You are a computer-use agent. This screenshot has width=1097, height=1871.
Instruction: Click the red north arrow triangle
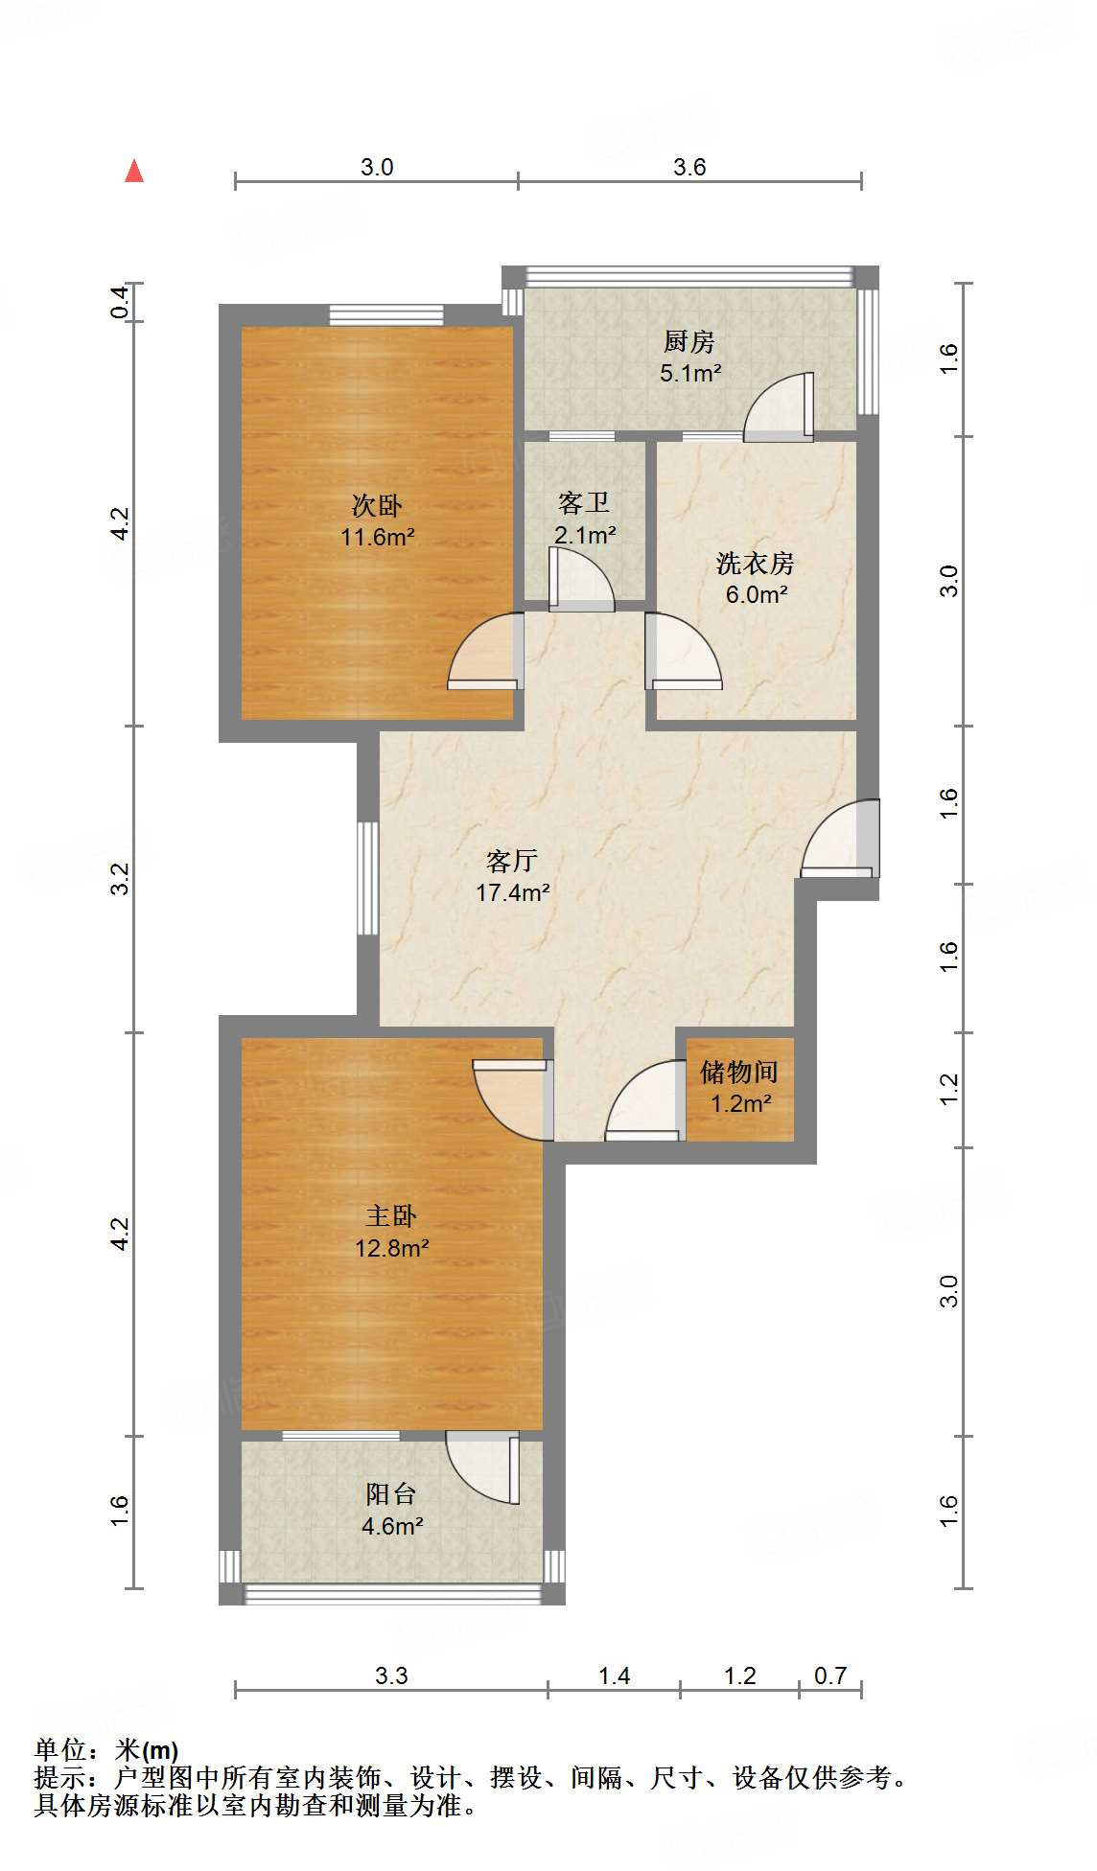(x=134, y=172)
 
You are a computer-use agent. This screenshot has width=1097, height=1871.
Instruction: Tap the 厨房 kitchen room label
(x=689, y=341)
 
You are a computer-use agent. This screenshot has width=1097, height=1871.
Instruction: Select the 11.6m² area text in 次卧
(x=377, y=538)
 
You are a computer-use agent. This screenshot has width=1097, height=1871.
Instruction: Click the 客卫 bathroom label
(x=583, y=503)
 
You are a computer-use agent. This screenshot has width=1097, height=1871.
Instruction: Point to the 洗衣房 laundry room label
(x=755, y=563)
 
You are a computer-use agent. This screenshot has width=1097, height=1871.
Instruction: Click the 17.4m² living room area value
(x=512, y=893)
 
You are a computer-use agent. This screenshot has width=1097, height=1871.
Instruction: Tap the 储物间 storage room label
(x=738, y=1072)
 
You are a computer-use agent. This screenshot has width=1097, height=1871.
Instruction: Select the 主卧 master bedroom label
(x=390, y=1216)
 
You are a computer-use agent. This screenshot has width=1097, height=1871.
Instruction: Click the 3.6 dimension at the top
(x=689, y=168)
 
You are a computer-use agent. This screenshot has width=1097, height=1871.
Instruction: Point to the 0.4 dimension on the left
(x=121, y=303)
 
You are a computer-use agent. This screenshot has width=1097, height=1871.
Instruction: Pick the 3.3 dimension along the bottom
(x=390, y=1676)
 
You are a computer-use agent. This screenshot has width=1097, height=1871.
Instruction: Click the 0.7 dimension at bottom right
(x=829, y=1676)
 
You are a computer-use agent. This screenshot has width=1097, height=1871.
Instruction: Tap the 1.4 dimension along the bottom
(x=614, y=1676)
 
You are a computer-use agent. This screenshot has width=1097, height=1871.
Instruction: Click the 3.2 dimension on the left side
(x=121, y=879)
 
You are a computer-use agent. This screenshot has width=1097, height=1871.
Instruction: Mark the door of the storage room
(x=645, y=1102)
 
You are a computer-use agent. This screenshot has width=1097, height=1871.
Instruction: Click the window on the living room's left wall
(x=367, y=877)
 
